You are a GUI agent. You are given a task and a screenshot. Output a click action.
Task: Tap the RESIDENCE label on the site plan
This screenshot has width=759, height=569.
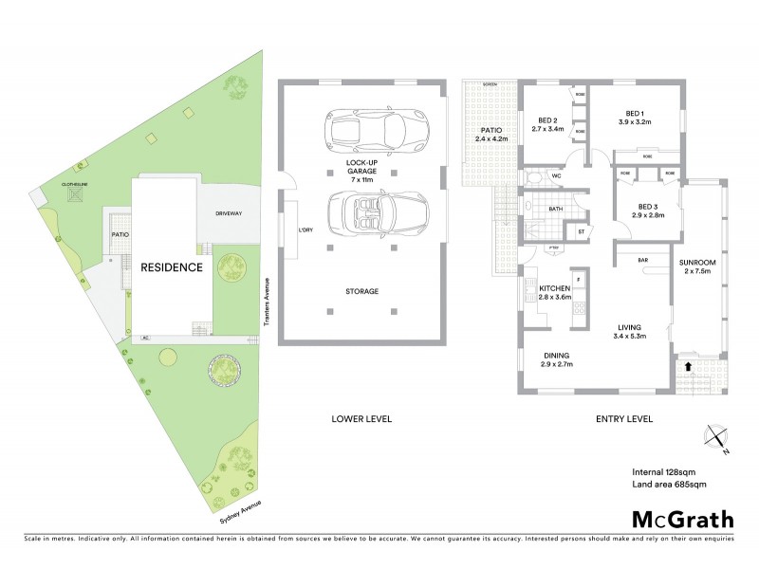click(x=172, y=267)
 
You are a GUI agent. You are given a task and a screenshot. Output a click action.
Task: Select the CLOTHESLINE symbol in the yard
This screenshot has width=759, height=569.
click(x=76, y=196)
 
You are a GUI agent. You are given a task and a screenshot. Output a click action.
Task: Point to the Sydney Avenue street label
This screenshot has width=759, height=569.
click(x=232, y=513)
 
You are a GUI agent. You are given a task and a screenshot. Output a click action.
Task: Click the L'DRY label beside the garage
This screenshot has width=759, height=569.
click(x=305, y=231)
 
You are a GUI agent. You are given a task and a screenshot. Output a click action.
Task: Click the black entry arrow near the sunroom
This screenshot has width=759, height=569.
click(x=686, y=365)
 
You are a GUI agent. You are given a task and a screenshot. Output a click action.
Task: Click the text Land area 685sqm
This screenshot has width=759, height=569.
click(x=670, y=486)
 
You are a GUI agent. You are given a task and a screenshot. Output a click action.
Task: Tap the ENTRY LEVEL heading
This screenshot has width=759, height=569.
click(x=624, y=418)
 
